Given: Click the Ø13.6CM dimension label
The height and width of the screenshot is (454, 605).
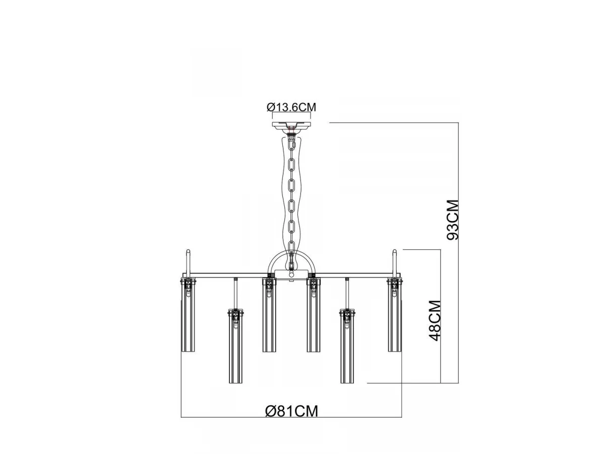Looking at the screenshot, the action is click(x=291, y=107).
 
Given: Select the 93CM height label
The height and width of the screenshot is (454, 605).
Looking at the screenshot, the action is click(x=452, y=220).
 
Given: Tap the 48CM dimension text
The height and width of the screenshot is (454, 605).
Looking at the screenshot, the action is click(x=435, y=320).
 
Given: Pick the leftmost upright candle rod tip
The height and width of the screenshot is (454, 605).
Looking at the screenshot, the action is click(x=188, y=251).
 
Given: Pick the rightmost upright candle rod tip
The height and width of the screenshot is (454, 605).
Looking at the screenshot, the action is click(x=395, y=251).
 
